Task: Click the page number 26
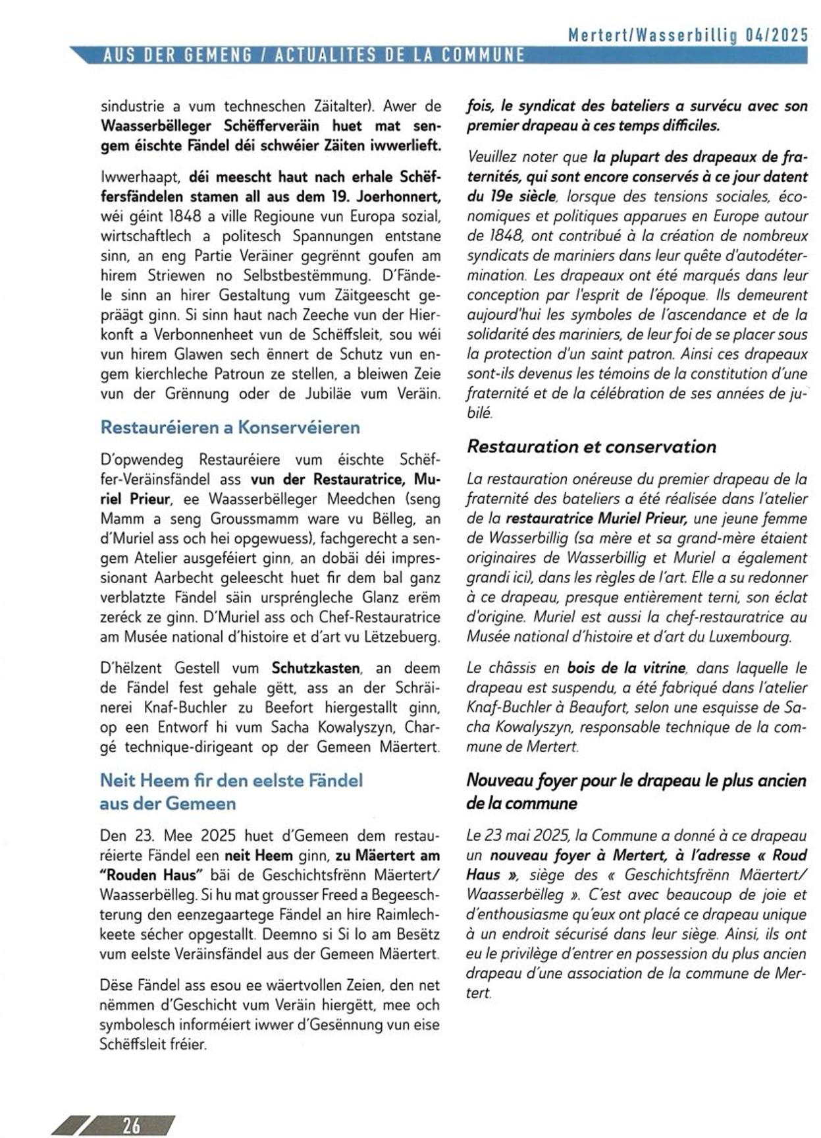[x=132, y=1125]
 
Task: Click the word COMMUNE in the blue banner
[x=483, y=55]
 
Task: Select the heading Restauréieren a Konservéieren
[x=230, y=427]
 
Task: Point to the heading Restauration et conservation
[x=591, y=446]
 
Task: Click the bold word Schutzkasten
[x=315, y=668]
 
